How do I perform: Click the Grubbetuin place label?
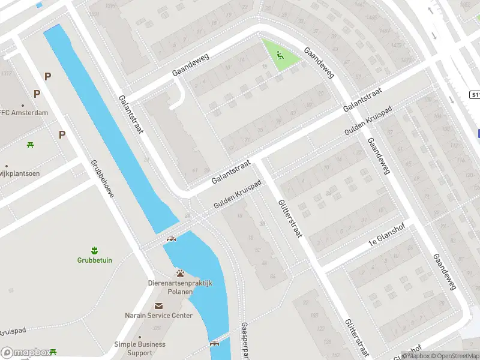94,260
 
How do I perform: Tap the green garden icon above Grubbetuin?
94,250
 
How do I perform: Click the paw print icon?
180,274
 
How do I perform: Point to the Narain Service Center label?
158,316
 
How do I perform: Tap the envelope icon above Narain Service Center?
158,306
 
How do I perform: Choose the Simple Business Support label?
140,349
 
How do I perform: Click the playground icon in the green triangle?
280,55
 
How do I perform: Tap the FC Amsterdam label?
24,113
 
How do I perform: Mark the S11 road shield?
474,95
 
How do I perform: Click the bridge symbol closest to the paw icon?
172,239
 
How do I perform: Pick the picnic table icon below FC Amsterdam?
29,145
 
